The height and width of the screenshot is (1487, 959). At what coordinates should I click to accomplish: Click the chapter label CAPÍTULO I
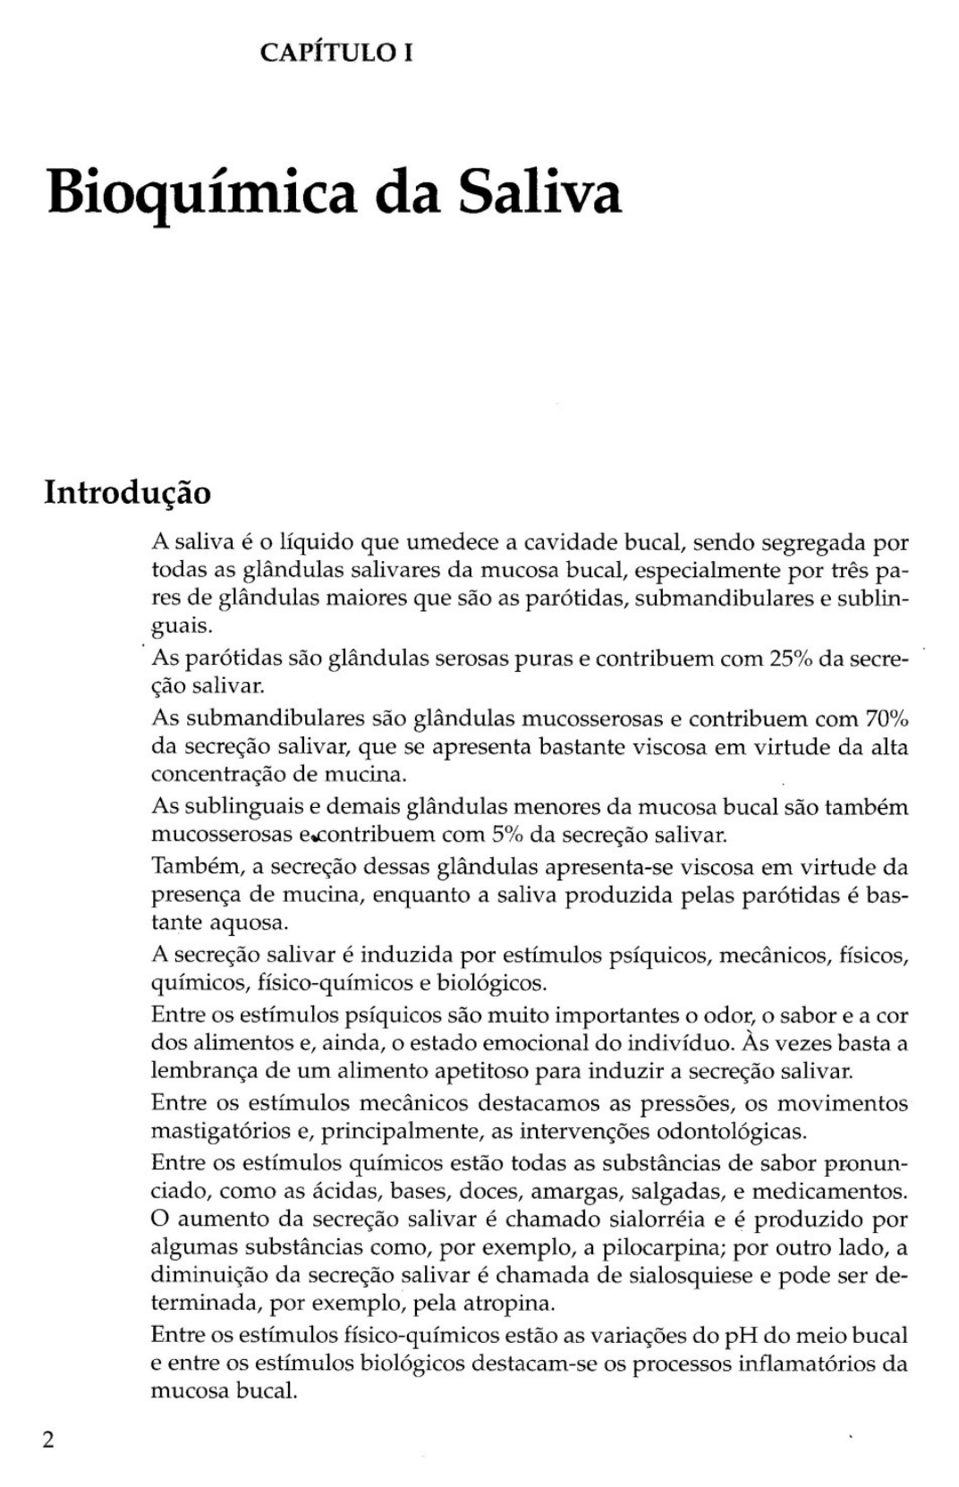pyautogui.click(x=335, y=53)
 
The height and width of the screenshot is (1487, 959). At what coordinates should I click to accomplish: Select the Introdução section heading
pyautogui.click(x=128, y=492)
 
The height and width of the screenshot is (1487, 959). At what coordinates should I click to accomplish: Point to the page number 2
pyautogui.click(x=48, y=1440)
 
